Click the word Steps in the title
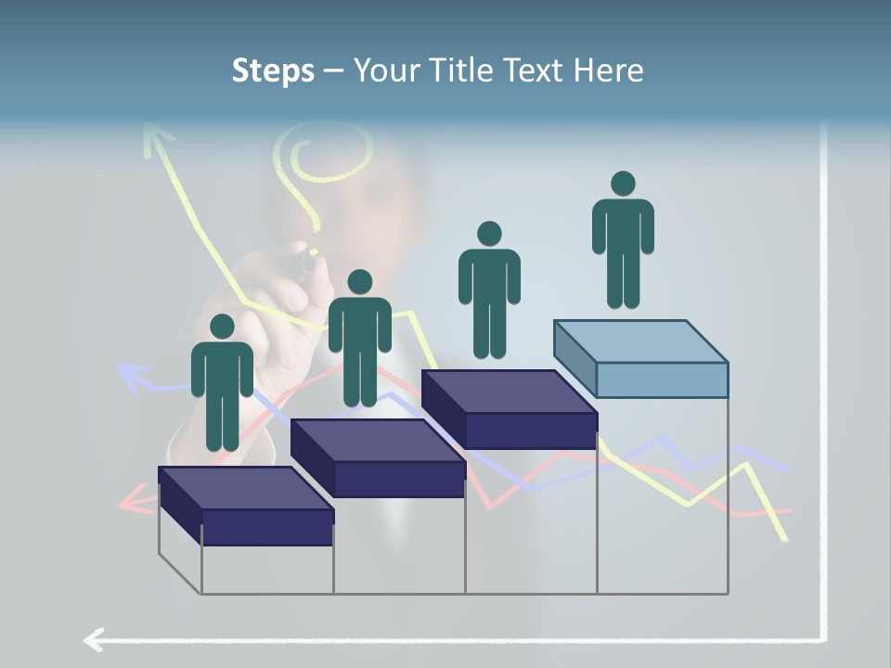tap(273, 71)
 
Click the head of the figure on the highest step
tap(623, 184)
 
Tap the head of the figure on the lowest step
tap(222, 327)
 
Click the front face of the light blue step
tap(662, 379)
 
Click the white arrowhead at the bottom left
tap(93, 639)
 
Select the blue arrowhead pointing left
tap(132, 376)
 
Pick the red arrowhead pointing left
tap(135, 502)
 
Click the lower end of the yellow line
tap(785, 537)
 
